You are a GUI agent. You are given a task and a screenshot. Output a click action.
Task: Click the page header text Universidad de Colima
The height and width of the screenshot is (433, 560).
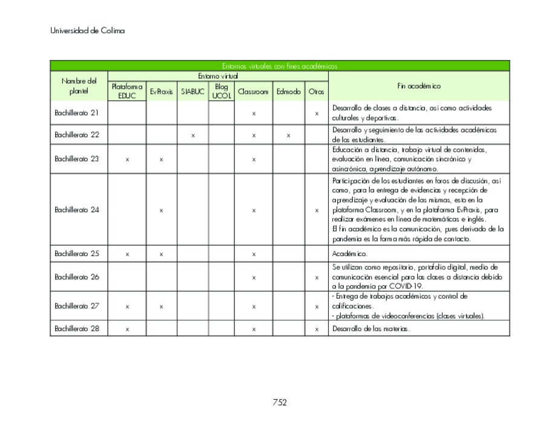tap(87, 30)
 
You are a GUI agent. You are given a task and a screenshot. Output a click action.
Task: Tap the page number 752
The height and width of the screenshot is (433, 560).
tap(279, 402)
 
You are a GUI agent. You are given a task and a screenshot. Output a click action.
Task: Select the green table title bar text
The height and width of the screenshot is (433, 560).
tap(279, 66)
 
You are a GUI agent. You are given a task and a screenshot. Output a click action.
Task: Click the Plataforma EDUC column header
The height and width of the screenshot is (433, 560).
tap(127, 91)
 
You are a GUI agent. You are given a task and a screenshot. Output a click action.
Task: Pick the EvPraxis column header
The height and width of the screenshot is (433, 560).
tap(161, 92)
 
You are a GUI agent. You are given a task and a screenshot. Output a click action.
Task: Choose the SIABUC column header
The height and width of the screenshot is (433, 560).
tap(193, 92)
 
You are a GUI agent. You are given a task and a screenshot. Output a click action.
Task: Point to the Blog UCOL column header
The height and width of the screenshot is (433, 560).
tap(221, 91)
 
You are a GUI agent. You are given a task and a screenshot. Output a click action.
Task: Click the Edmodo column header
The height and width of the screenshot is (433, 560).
tap(288, 92)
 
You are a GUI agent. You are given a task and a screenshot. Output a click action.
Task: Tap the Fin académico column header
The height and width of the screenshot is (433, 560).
tap(418, 86)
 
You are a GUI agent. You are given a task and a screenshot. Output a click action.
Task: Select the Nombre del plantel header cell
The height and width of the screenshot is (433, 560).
tap(79, 86)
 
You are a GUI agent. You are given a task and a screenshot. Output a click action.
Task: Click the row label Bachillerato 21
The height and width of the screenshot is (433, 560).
tap(77, 113)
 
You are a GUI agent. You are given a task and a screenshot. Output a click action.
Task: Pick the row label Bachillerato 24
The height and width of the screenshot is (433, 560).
tap(77, 210)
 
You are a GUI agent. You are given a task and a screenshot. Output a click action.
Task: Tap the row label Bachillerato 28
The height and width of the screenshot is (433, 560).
tap(77, 329)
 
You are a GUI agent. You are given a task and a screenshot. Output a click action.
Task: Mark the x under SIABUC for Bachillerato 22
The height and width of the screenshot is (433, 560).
tap(193, 135)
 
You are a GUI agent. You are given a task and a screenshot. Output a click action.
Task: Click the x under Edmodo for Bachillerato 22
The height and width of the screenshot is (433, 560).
tap(288, 135)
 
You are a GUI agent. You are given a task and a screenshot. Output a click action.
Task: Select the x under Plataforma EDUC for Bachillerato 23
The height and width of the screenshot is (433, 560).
tap(127, 159)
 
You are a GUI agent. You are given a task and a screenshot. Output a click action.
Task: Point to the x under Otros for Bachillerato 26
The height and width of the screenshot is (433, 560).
tap(316, 277)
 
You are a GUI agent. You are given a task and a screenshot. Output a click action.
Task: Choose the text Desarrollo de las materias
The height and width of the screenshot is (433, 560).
tap(371, 329)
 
